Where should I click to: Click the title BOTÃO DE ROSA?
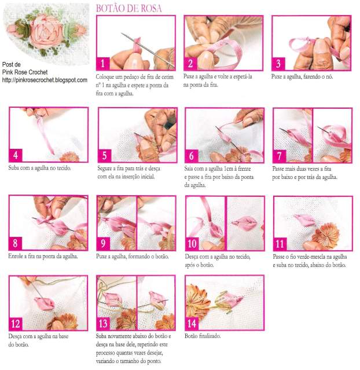129,8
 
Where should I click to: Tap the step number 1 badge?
102,64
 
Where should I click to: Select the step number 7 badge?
280,156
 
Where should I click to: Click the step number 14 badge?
192,323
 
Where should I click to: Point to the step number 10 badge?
192,244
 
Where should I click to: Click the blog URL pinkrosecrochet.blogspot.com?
45,80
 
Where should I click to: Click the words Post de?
12,64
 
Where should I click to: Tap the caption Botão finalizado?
203,336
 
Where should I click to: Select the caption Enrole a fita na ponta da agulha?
43,257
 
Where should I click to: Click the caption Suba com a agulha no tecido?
39,168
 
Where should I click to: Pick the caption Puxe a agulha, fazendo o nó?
302,76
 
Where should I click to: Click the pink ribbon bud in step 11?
304,220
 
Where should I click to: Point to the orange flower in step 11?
326,233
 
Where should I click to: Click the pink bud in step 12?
45,303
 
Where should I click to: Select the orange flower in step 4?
69,157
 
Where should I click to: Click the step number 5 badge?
105,156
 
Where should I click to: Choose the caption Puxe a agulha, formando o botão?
133,257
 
